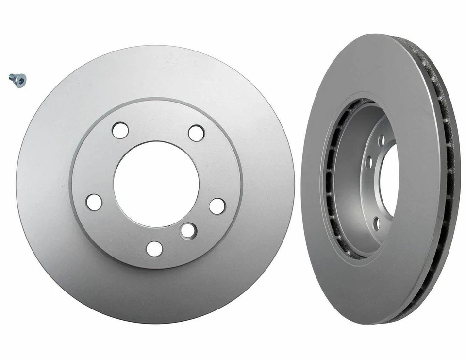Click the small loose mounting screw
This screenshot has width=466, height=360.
(x=17, y=80)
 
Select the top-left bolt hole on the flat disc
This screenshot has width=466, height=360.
(x=120, y=130)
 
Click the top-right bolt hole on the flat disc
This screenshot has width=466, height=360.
(x=196, y=133)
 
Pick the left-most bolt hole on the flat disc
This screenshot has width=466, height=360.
(x=94, y=202)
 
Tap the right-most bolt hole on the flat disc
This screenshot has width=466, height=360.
(x=217, y=206)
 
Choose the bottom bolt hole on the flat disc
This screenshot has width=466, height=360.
(x=154, y=248)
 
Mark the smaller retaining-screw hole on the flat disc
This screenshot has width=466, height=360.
(x=188, y=230)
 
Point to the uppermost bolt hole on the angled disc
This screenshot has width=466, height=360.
(x=382, y=140)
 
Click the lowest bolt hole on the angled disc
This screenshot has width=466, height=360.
(x=376, y=223)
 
